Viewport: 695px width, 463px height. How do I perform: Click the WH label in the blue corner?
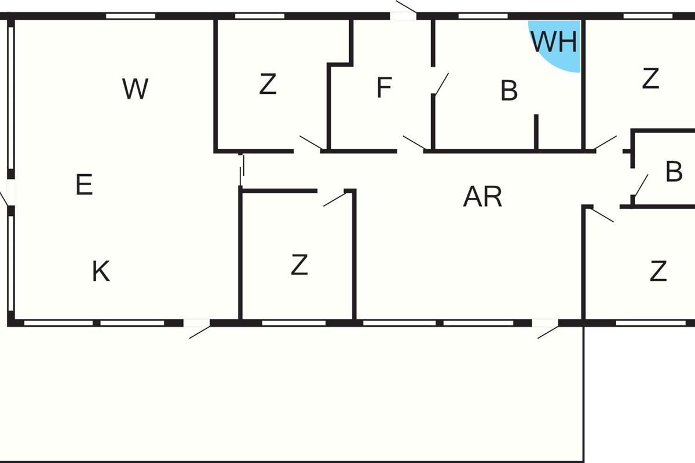coord(554,42)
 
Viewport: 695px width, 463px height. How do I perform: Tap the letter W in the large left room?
coord(136,89)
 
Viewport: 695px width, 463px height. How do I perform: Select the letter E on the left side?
coord(85,185)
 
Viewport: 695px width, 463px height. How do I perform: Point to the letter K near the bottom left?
coord(101,271)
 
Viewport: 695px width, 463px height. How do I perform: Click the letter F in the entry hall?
coord(384,88)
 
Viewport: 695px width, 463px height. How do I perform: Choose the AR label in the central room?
coord(482,197)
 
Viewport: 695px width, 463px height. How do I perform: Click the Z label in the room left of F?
coord(268,84)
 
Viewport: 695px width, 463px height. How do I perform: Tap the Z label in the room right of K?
coord(299,265)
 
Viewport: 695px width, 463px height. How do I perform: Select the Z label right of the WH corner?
coord(650,78)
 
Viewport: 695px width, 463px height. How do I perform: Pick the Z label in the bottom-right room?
coord(658,271)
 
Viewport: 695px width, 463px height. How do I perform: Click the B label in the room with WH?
coord(509,91)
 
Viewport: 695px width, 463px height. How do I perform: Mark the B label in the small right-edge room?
coord(674,172)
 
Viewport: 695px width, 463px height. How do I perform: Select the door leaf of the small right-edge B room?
coord(640,186)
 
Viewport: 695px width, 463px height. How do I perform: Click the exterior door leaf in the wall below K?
coord(200,332)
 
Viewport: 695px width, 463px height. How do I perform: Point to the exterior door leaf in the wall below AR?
coord(548,332)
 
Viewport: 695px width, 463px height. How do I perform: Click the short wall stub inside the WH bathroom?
coord(536,132)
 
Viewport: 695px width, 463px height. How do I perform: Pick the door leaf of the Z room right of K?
coord(334,200)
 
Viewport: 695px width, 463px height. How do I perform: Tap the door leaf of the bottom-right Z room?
coord(603,215)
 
